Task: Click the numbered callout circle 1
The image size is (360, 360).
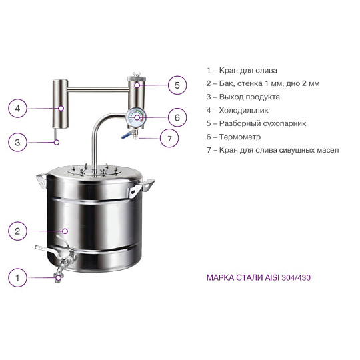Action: coord(17,277)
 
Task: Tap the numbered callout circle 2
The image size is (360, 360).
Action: coord(17,231)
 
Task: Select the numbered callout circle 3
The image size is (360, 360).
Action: coord(17,142)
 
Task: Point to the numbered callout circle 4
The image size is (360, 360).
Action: coord(17,109)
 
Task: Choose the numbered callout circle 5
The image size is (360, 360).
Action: coord(177,85)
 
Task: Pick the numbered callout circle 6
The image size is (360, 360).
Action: coord(177,117)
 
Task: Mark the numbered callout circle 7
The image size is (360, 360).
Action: coord(169,138)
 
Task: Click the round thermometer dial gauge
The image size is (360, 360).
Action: coord(137,117)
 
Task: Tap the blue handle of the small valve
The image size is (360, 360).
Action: coord(126,135)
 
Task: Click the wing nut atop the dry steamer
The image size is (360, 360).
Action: coord(137,75)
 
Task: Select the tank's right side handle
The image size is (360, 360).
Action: coord(141,188)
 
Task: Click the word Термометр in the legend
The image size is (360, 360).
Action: coord(240,137)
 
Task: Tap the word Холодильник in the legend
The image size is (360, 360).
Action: coord(243,110)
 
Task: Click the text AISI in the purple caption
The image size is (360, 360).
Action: coord(272,277)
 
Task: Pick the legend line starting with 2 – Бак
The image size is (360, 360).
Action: coord(263,83)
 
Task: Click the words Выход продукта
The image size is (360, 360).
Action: coord(249,97)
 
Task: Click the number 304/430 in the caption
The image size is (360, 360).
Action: coord(296,277)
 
